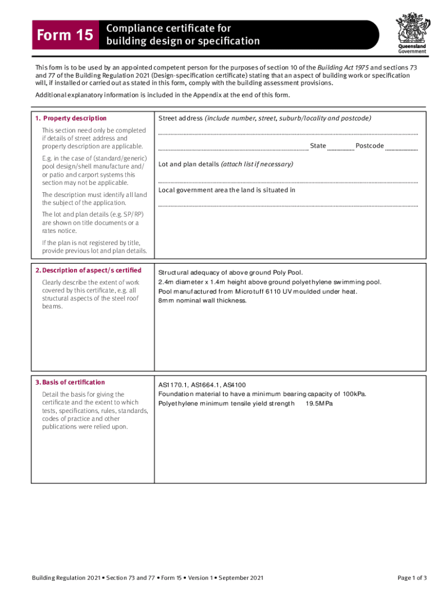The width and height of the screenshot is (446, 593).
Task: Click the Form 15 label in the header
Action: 64,35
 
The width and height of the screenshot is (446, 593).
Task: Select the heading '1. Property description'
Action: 71,118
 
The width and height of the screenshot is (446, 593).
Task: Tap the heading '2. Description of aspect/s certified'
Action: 88,270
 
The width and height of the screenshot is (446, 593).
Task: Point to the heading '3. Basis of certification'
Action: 70,382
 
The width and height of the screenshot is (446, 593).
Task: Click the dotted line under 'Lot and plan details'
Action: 288,181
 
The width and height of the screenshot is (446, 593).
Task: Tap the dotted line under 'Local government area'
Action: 288,204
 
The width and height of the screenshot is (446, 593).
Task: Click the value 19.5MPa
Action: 319,404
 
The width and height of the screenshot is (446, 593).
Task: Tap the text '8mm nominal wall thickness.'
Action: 203,301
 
